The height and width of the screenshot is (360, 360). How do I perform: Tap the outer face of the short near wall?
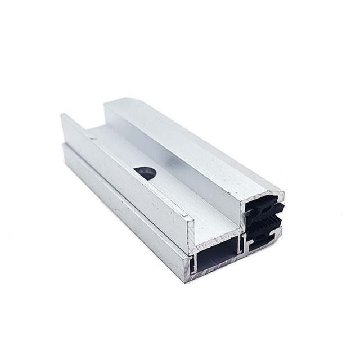[124, 174]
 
